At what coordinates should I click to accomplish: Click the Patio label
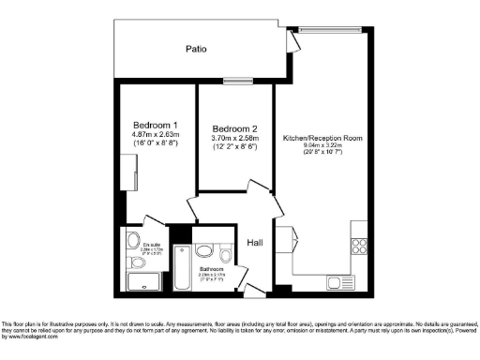(196, 48)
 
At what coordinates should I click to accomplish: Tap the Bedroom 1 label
(156, 126)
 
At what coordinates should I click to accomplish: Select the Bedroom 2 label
(234, 128)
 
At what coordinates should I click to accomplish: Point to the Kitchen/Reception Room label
(322, 138)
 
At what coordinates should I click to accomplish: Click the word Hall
(254, 243)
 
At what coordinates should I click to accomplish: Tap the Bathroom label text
(211, 268)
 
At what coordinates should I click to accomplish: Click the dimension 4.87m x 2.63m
(156, 136)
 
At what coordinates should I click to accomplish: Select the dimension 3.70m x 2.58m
(234, 139)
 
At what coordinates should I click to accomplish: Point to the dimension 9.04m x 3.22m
(322, 147)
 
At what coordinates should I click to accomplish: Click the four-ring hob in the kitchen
(358, 247)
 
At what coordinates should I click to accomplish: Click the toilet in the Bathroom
(225, 255)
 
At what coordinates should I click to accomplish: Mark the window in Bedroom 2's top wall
(232, 82)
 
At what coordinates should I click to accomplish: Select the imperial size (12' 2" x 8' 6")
(234, 148)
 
